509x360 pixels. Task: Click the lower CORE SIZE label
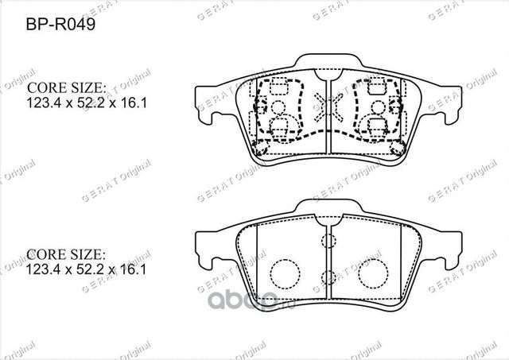(67, 255)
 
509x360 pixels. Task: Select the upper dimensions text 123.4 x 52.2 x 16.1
(77, 102)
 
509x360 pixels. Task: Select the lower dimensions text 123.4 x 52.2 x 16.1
(77, 270)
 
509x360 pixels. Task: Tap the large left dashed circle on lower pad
(281, 273)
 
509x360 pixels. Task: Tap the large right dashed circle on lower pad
(371, 273)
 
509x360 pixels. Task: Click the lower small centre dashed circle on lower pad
(326, 278)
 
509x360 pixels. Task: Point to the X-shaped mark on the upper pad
(326, 105)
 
